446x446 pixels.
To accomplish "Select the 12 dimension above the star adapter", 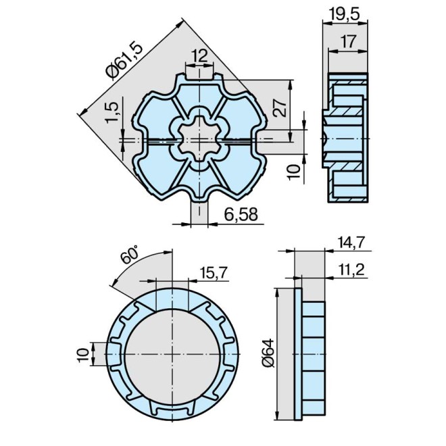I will point(199,55).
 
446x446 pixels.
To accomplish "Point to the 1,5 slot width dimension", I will point(112,111).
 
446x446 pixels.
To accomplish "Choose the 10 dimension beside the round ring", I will point(82,353).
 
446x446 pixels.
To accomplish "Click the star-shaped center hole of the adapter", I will point(199,138).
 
